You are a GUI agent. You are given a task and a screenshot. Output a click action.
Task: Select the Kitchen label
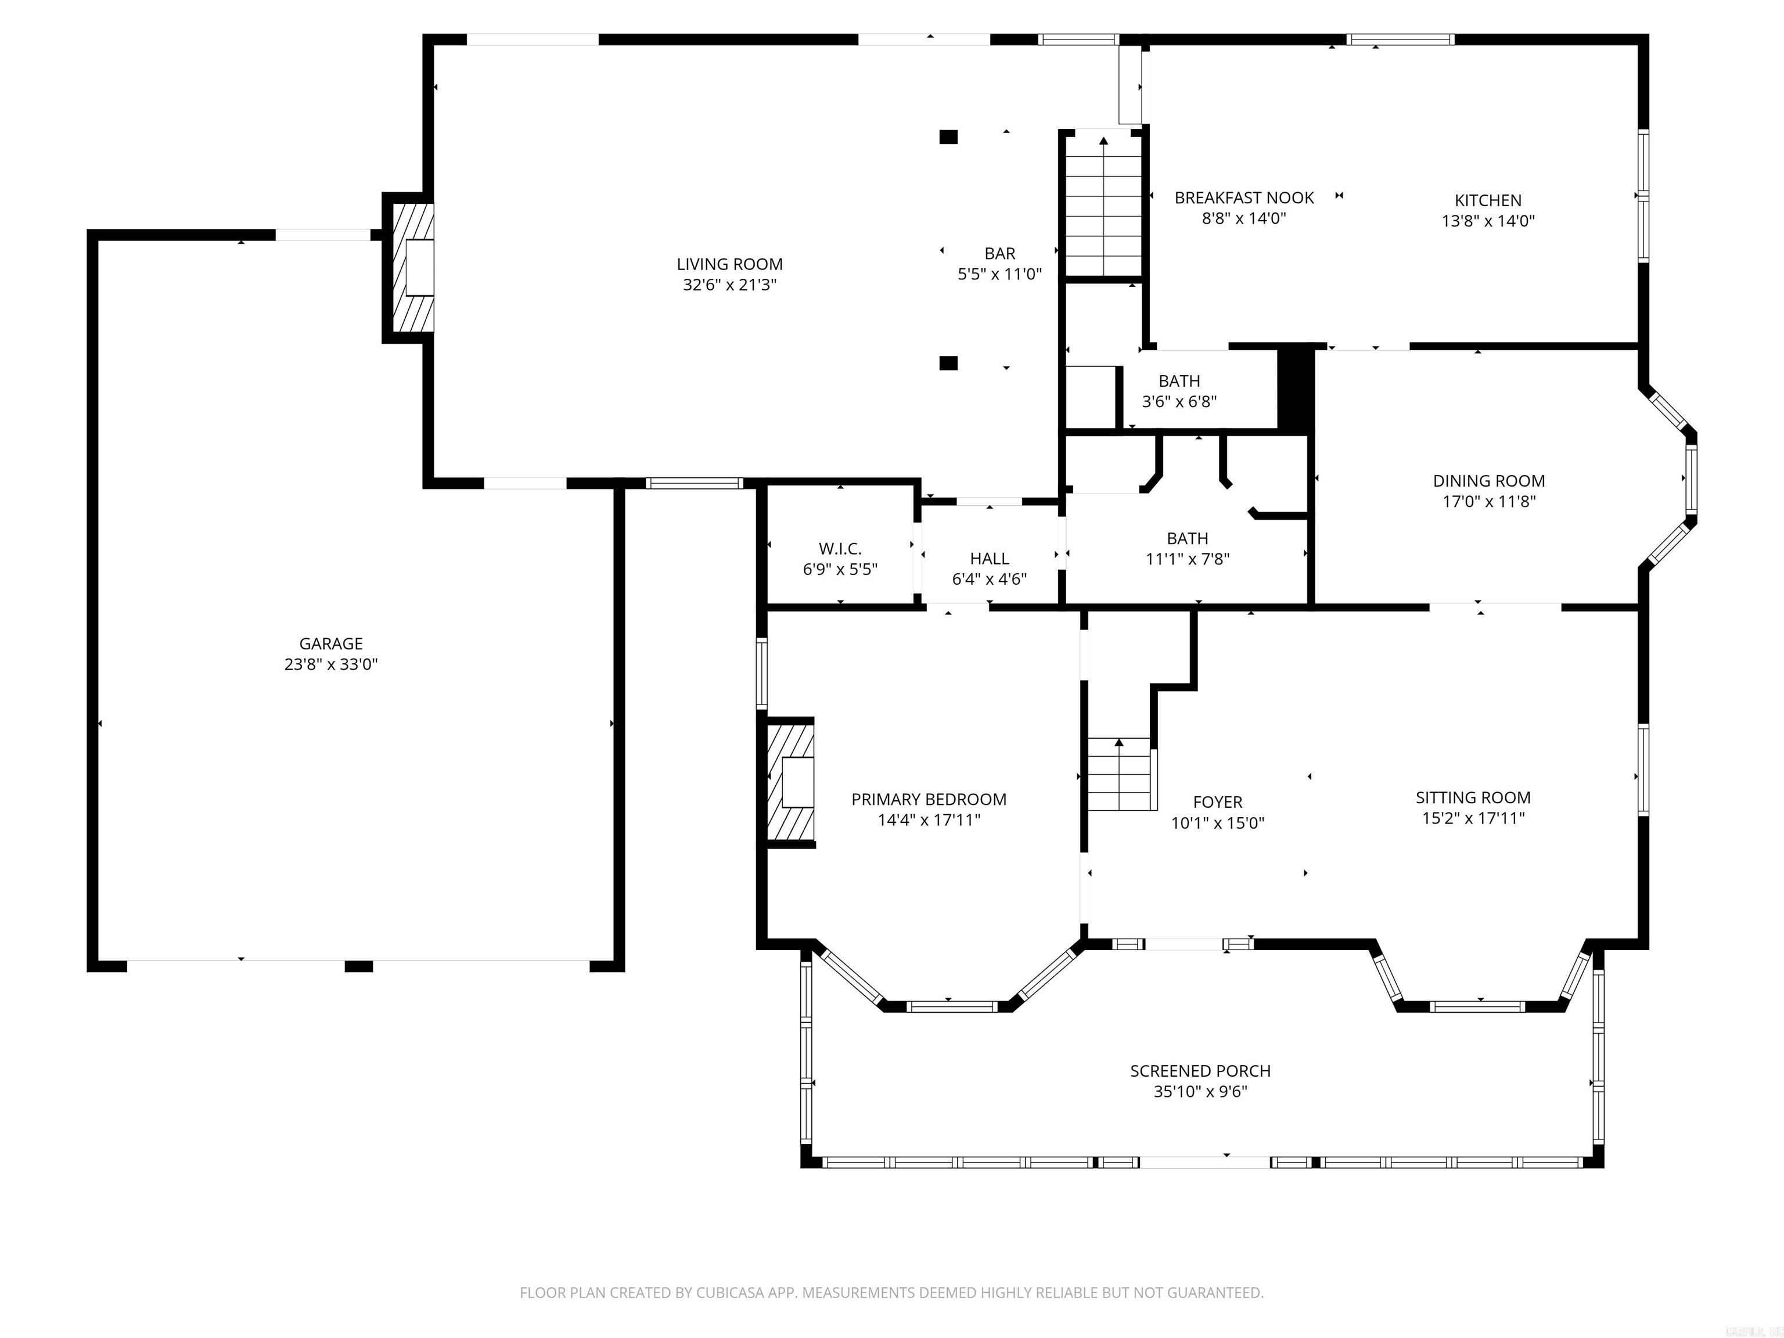click(1488, 200)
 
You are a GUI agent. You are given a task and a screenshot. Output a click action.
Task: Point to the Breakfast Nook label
click(1244, 197)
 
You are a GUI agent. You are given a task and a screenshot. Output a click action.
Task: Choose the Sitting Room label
click(1473, 798)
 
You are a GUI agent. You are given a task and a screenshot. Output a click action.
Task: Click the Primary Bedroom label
click(929, 799)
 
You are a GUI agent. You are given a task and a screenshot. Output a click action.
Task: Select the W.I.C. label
click(840, 548)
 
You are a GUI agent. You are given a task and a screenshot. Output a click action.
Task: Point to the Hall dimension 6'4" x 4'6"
click(990, 578)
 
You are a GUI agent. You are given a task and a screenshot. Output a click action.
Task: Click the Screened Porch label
click(1200, 1071)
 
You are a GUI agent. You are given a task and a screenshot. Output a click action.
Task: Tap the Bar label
click(1000, 253)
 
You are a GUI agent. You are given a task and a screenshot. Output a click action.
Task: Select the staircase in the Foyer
click(1120, 774)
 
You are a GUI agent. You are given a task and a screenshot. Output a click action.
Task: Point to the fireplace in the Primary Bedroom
click(790, 782)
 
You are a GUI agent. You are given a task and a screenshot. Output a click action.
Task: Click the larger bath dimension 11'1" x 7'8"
click(1187, 559)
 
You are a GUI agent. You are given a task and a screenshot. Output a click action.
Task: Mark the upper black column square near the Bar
click(948, 137)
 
